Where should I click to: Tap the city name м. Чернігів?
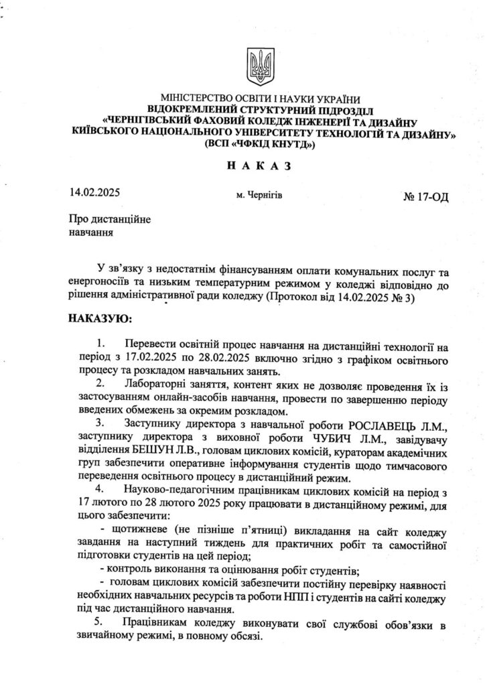pos(259,196)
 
